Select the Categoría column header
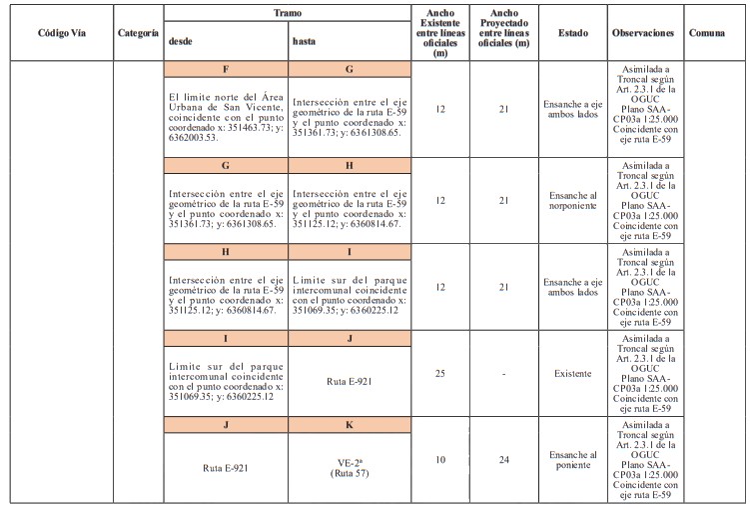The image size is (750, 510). click(x=138, y=32)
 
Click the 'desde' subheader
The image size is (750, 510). click(x=181, y=41)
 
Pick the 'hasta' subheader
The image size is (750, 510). click(x=305, y=41)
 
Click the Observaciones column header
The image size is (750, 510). click(x=645, y=32)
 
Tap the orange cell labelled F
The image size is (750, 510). click(x=227, y=70)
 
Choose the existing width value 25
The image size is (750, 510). click(x=440, y=373)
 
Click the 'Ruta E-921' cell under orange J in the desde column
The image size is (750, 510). click(x=226, y=467)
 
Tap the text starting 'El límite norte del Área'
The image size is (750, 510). click(x=227, y=111)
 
